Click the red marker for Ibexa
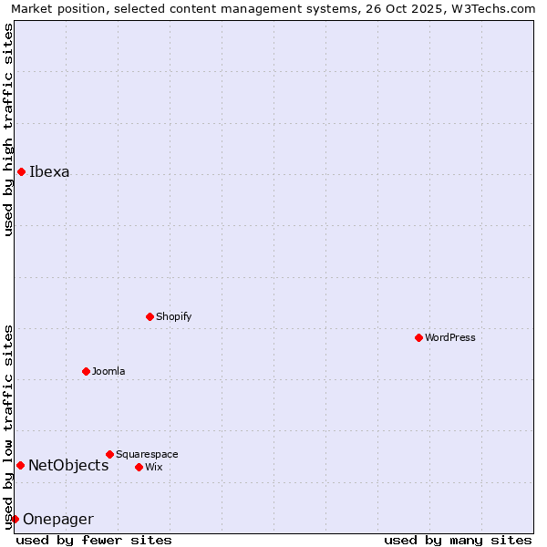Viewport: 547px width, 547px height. pos(21,171)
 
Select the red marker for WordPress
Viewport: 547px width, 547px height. pos(418,337)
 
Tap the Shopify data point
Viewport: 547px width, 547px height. pos(150,316)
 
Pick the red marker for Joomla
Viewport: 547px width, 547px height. pos(86,371)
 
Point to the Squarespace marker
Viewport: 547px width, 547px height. pos(109,454)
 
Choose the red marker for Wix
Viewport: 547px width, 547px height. pos(139,467)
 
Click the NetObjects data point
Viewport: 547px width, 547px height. pos(20,465)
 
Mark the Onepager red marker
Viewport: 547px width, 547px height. pos(15,519)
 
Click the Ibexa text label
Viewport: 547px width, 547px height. pos(49,171)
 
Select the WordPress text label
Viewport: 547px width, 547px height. pos(450,337)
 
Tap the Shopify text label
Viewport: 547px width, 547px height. pos(173,316)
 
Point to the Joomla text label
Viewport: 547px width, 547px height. pos(108,371)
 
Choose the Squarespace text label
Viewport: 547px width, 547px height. pos(147,454)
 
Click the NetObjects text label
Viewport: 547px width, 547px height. pos(68,465)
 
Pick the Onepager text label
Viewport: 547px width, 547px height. pos(58,519)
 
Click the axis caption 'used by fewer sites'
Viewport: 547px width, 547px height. pos(94,540)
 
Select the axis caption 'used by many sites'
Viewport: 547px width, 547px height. pos(458,540)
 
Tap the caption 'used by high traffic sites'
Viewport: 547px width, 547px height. pos(8,129)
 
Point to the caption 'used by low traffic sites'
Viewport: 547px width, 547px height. pos(8,426)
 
